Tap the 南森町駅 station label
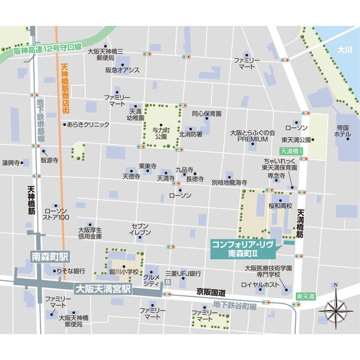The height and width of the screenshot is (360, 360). point(50,256)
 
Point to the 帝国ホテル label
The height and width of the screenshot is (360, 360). point(343,131)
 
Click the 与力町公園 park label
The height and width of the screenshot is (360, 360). point(160,132)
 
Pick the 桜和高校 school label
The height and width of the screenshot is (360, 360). point(280,205)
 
